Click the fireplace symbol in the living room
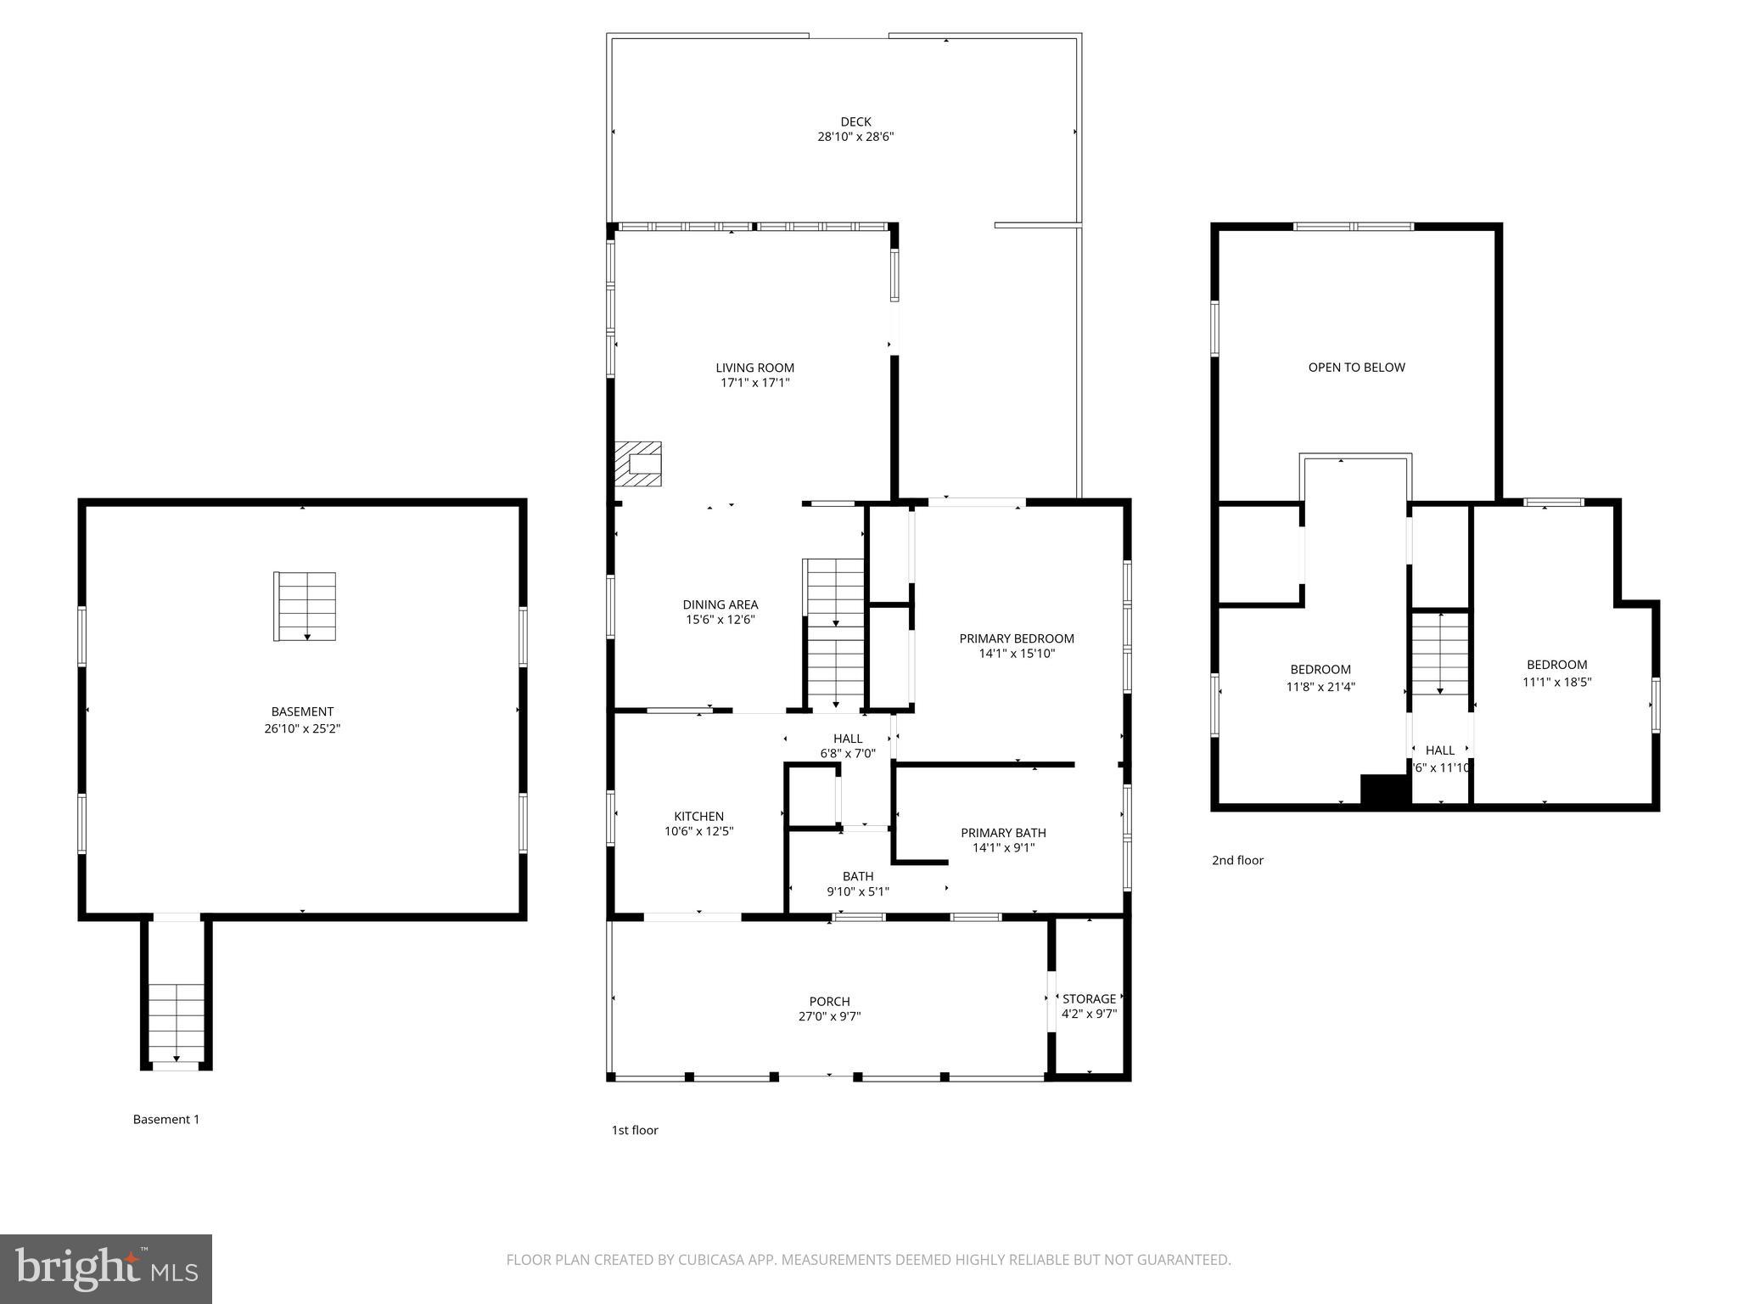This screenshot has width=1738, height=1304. tap(638, 464)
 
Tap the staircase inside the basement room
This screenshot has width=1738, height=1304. tap(305, 606)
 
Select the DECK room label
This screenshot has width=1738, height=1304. tap(855, 122)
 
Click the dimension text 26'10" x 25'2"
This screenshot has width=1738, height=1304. tap(302, 728)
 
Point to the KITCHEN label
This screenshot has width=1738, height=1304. tap(698, 817)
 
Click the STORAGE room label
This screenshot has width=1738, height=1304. tap(1089, 999)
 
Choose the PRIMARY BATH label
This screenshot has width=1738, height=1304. tap(1003, 833)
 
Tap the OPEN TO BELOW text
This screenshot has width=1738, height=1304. tap(1356, 368)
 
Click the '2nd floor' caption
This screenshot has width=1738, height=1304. tap(1237, 860)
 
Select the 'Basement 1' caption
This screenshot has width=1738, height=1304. tap(166, 1119)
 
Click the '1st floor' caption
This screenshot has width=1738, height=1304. tap(635, 1130)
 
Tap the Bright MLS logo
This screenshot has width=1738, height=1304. tap(106, 1268)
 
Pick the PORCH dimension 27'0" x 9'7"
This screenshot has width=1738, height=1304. tap(829, 1016)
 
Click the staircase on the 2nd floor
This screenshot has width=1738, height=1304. tap(1439, 652)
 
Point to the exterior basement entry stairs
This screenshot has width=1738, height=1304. tap(177, 1022)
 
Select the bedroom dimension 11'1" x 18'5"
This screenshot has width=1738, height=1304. tap(1556, 682)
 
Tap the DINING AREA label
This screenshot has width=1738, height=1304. tap(720, 604)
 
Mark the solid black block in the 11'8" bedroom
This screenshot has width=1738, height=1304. tap(1385, 789)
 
